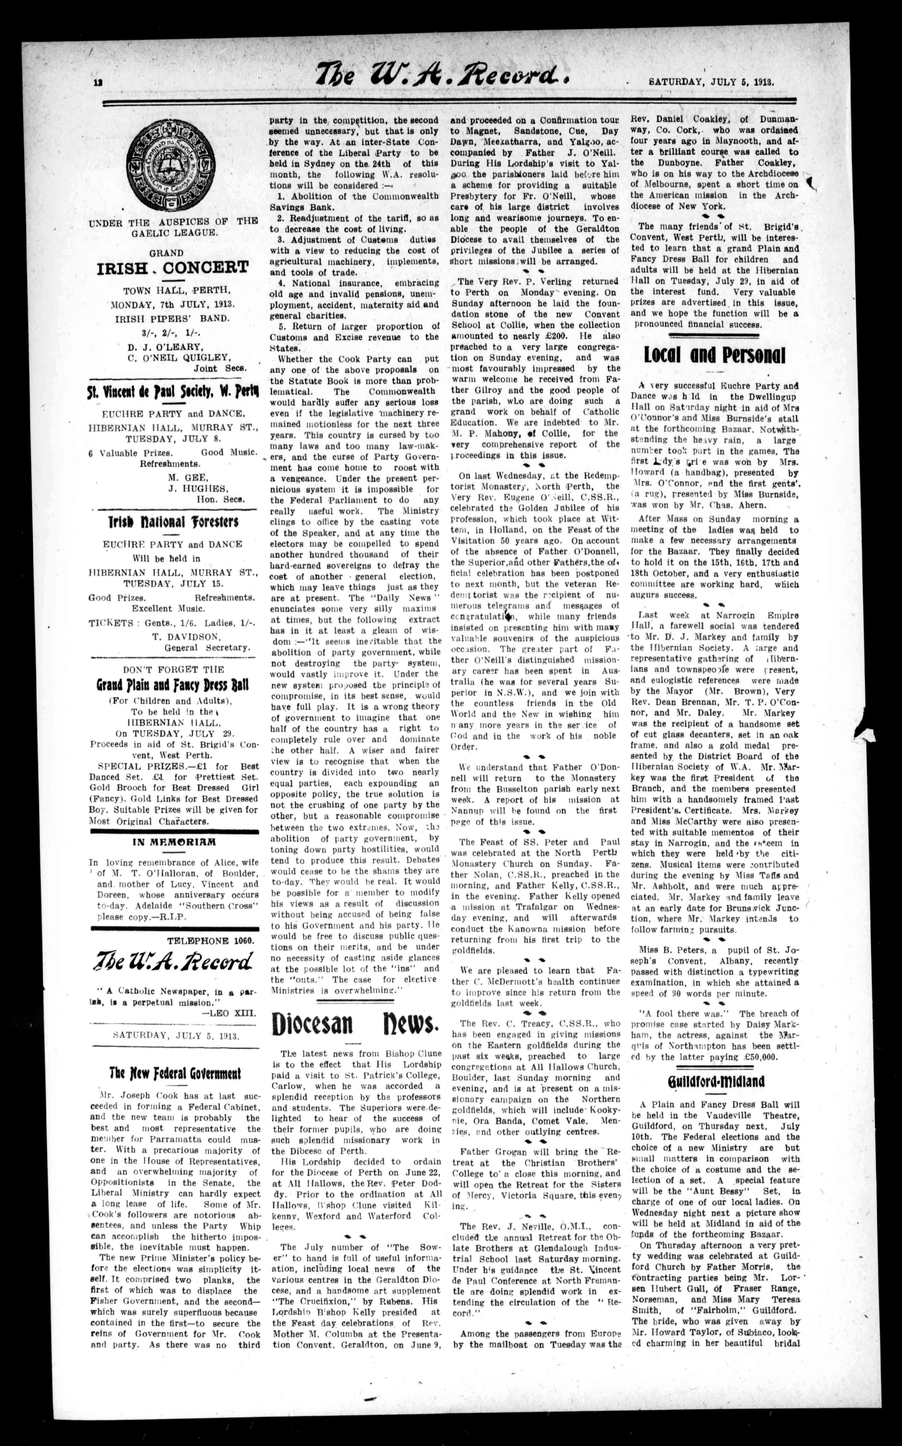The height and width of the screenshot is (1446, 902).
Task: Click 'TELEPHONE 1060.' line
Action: pyautogui.click(x=210, y=940)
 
